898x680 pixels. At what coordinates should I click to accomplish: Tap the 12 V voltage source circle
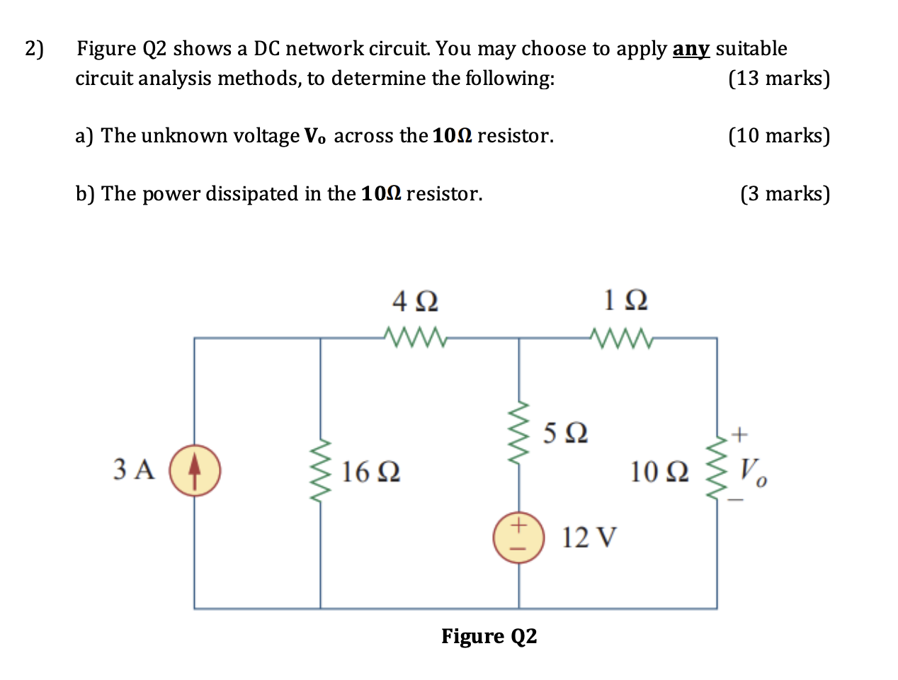point(518,537)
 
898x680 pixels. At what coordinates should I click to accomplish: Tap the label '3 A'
point(134,470)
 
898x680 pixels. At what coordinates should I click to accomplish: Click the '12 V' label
point(589,538)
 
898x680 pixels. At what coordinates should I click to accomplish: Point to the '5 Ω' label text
point(565,432)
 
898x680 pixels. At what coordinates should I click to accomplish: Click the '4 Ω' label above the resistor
point(415,302)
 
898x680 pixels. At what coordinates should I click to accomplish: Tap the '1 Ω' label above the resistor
point(625,301)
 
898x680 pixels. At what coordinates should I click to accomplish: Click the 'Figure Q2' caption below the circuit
point(489,636)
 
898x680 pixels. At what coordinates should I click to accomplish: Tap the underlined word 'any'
point(690,49)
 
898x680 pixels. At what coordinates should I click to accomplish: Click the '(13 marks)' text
point(779,78)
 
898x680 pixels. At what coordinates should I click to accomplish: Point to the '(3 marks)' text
point(785,193)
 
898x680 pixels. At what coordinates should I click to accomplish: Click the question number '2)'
point(34,49)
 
